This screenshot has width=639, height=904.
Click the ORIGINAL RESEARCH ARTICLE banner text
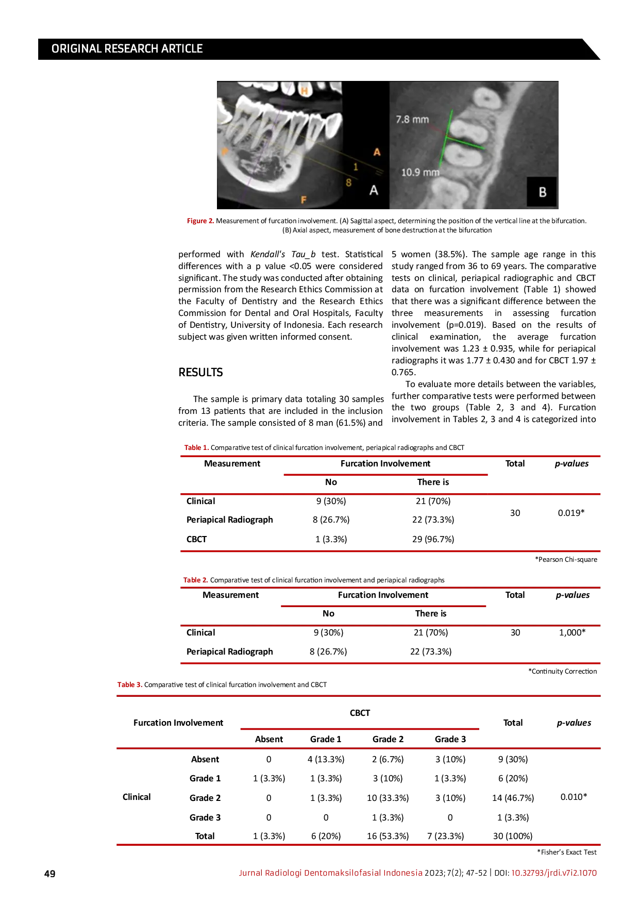[x=127, y=49]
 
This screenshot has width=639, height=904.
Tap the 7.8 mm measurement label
[x=412, y=120]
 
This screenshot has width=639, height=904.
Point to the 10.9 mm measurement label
[x=421, y=173]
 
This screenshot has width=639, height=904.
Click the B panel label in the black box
[x=542, y=192]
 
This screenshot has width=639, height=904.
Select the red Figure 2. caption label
[x=200, y=221]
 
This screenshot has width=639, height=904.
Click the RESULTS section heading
[x=200, y=373]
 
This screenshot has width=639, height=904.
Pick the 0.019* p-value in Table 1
[x=571, y=513]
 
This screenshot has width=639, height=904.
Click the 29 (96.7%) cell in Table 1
[x=433, y=539]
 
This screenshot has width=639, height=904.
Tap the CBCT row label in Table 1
[x=196, y=539]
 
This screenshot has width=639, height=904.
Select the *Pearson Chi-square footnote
[x=566, y=560]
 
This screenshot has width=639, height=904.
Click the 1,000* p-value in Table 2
[x=572, y=632]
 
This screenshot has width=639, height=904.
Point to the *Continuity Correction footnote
[x=562, y=672]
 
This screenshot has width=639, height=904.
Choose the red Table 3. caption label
[x=130, y=685]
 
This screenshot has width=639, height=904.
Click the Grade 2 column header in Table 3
[x=388, y=739]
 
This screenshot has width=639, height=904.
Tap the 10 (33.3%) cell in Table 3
[x=388, y=798]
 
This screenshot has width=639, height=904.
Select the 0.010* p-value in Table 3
[x=574, y=797]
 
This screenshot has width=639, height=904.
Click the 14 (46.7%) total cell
[x=513, y=798]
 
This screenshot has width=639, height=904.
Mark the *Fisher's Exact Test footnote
[x=567, y=852]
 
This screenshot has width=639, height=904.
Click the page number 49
[x=50, y=874]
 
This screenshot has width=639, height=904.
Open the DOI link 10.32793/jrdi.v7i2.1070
[x=554, y=873]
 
